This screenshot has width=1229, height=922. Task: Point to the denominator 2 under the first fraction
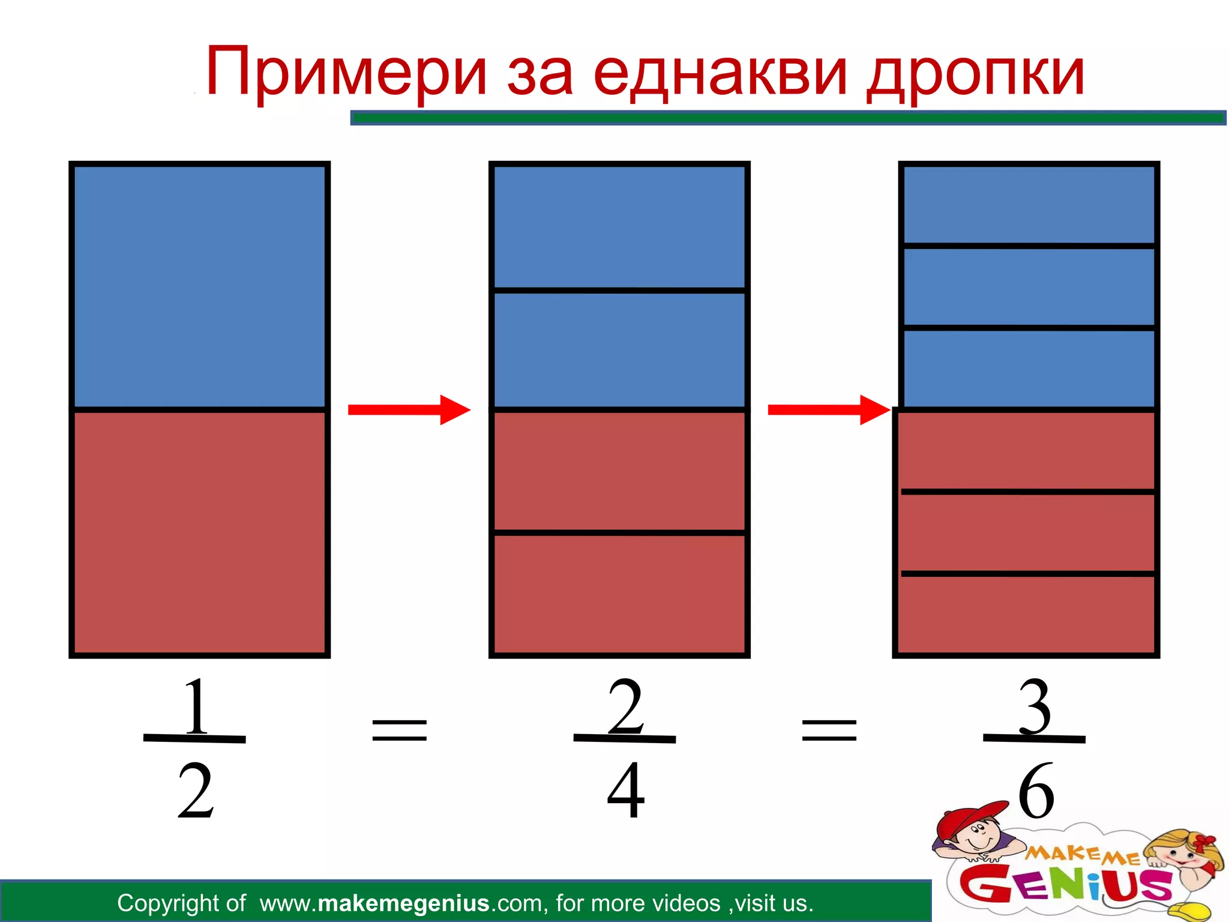[x=196, y=791]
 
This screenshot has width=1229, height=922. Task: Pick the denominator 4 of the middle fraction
[x=625, y=791]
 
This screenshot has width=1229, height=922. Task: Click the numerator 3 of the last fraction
[x=1035, y=707]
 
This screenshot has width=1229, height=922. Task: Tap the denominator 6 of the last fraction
[x=1036, y=791]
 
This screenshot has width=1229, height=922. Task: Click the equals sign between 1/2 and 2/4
[x=400, y=730]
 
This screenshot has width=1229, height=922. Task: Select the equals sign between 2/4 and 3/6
[x=829, y=730]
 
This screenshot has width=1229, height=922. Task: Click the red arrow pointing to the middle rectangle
[x=409, y=410]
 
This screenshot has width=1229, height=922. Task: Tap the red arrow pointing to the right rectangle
[x=829, y=410]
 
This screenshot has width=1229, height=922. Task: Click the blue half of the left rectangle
[x=199, y=286]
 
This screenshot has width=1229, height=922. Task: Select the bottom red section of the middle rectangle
[x=619, y=593]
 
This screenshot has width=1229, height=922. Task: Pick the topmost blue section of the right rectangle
[x=1029, y=204]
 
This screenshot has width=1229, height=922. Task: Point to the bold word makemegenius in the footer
[x=403, y=903]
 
